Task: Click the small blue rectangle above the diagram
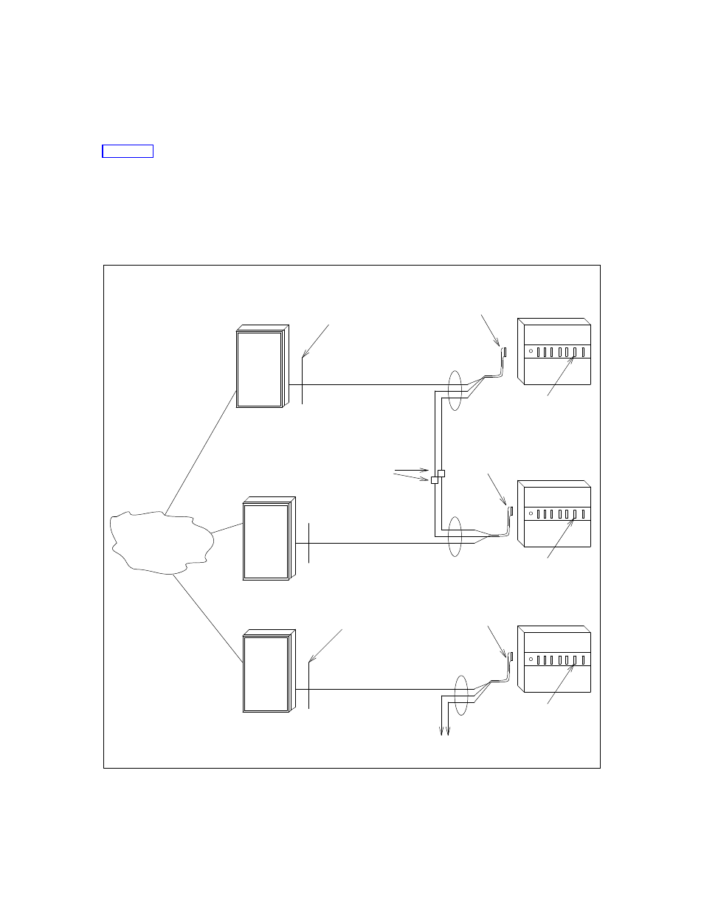(128, 151)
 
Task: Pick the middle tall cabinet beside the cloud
(266, 540)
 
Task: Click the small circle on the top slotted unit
(531, 351)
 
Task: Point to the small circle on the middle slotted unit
(531, 513)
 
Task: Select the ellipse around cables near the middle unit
(455, 537)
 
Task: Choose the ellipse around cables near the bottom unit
(461, 695)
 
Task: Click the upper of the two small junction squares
(441, 472)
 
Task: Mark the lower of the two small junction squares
(435, 479)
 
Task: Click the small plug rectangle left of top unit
(504, 352)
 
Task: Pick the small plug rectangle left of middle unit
(511, 511)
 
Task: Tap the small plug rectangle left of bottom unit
(511, 656)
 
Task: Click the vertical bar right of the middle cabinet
(309, 541)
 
